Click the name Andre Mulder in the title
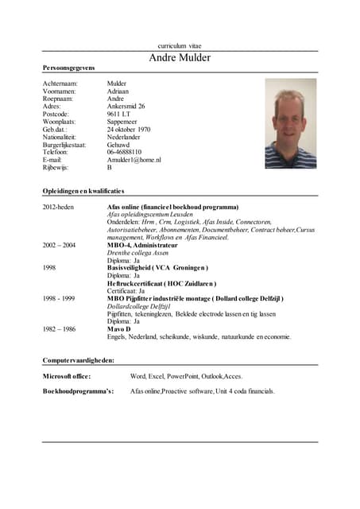(x=180, y=59)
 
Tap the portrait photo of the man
(x=290, y=123)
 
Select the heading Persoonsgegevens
(x=69, y=71)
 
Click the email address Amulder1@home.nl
(x=134, y=160)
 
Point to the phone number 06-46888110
(x=124, y=152)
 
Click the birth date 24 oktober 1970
(x=129, y=129)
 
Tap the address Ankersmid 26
(x=126, y=106)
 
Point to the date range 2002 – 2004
(x=59, y=245)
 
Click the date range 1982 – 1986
(x=59, y=328)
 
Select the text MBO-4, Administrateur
(x=142, y=245)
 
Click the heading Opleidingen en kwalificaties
(x=83, y=192)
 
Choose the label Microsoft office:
(x=67, y=376)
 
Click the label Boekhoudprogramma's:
(x=78, y=391)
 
